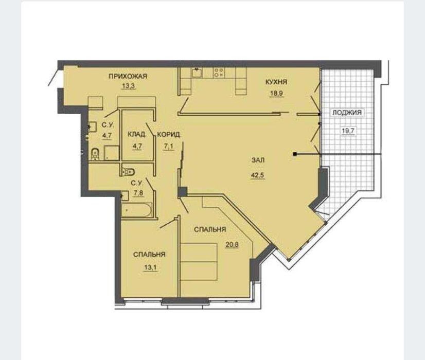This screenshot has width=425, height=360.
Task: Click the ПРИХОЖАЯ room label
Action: (x=128, y=76)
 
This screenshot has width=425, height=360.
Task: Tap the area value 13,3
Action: (x=129, y=86)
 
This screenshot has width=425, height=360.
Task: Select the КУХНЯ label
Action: (x=276, y=82)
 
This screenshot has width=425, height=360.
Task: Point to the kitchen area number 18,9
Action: (x=276, y=94)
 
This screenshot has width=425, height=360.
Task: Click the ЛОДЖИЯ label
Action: (x=347, y=113)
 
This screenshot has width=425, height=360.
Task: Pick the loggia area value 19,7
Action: (x=348, y=131)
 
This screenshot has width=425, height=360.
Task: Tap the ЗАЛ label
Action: (x=258, y=160)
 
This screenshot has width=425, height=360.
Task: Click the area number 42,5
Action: (x=257, y=175)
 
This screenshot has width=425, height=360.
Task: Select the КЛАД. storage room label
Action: (x=137, y=134)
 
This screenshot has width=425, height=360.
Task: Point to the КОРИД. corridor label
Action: (x=169, y=134)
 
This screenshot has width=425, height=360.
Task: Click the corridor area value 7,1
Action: (x=168, y=147)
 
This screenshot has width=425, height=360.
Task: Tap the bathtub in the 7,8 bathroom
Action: (x=137, y=210)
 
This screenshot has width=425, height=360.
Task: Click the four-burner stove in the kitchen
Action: (x=219, y=73)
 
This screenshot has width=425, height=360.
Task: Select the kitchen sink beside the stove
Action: (x=197, y=73)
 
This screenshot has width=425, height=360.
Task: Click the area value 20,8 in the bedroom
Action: (x=232, y=245)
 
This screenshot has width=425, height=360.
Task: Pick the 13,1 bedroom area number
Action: (x=150, y=267)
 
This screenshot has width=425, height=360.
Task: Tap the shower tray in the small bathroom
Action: (x=112, y=153)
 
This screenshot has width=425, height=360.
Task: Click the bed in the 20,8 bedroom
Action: (x=199, y=262)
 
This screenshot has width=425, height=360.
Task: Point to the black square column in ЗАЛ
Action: (x=295, y=154)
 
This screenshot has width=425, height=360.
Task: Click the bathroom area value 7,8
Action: (x=137, y=193)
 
